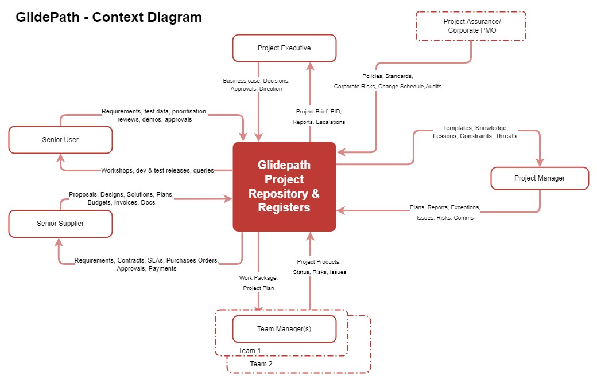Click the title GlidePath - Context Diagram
(108, 17)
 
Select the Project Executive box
(284, 48)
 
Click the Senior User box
(60, 140)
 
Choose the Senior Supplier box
(60, 224)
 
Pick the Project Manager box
(539, 178)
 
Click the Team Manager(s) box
(284, 330)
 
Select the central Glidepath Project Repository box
(284, 186)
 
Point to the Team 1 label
(250, 351)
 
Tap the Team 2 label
(261, 364)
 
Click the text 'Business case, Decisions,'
(256, 81)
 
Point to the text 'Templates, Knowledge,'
(475, 128)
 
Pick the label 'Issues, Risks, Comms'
(445, 218)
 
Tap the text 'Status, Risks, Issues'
(320, 272)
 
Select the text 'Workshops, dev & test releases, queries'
(157, 170)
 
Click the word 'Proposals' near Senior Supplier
(83, 194)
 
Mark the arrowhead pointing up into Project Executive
(310, 65)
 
